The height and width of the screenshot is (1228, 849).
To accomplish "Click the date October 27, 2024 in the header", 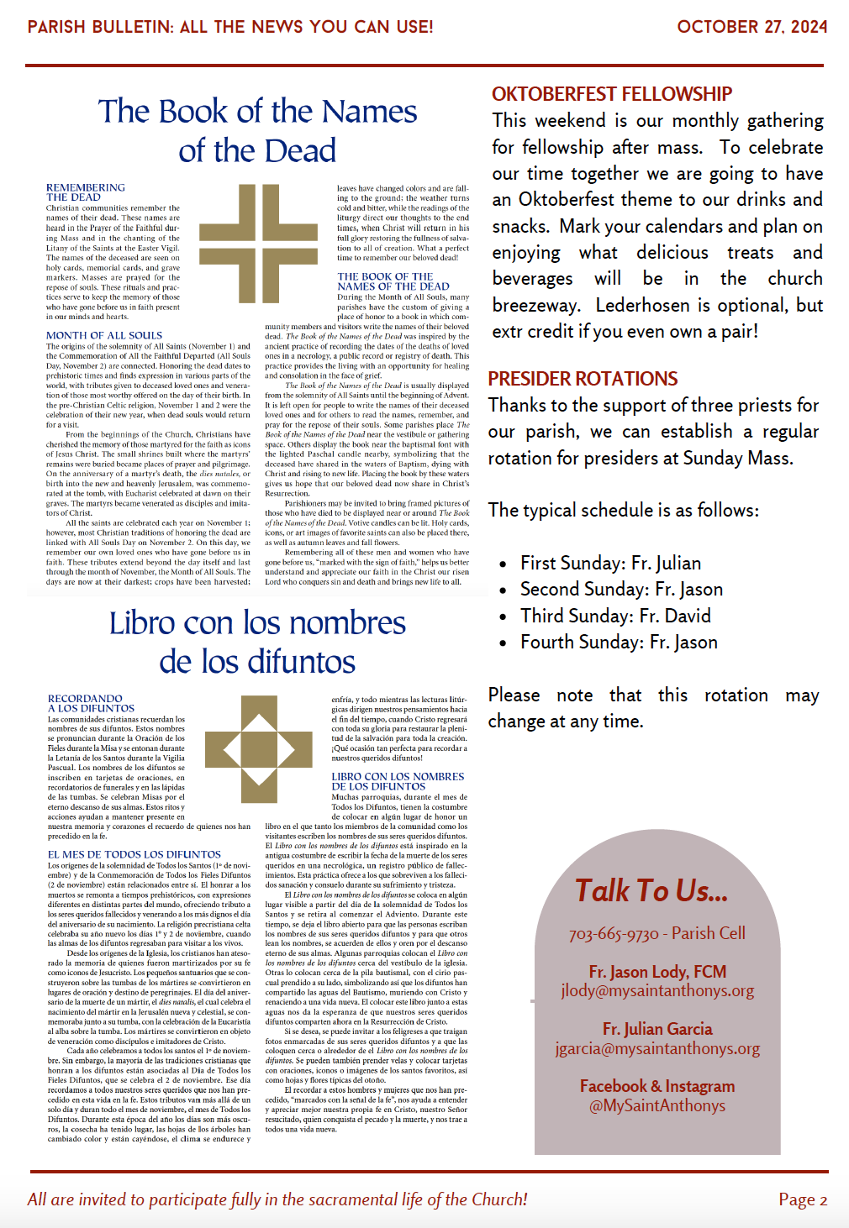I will click(x=751, y=27).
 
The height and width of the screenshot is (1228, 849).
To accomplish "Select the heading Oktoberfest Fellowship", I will click(x=612, y=94).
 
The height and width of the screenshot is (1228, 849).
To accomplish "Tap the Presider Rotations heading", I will click(x=583, y=379).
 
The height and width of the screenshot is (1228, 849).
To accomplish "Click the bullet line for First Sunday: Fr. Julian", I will click(x=610, y=563).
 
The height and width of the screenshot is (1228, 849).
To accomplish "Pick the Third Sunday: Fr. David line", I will click(x=615, y=616).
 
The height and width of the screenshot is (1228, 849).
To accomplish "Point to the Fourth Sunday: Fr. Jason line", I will click(x=619, y=643).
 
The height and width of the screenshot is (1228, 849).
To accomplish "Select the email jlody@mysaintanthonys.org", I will click(x=657, y=991).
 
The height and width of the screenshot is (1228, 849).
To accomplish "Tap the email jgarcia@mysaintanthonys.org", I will click(x=657, y=1048).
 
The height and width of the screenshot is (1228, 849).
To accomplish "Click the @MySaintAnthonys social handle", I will click(x=657, y=1106).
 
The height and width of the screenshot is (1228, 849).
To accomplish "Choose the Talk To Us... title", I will click(x=651, y=891).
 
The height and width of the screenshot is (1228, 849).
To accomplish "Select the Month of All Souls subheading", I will click(x=104, y=335).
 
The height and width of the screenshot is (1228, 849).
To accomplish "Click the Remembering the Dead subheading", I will click(x=85, y=192).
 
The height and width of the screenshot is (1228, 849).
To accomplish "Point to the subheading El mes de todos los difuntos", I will click(x=134, y=854).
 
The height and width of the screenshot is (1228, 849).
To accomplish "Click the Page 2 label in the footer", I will click(x=803, y=1199).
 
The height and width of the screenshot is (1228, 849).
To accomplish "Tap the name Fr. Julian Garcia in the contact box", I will click(x=657, y=1029).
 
